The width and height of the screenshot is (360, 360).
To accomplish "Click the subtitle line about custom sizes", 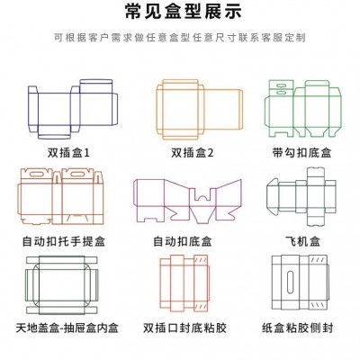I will pyautogui.click(x=180, y=40).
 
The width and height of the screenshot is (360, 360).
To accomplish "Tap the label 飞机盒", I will pyautogui.click(x=301, y=242).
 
